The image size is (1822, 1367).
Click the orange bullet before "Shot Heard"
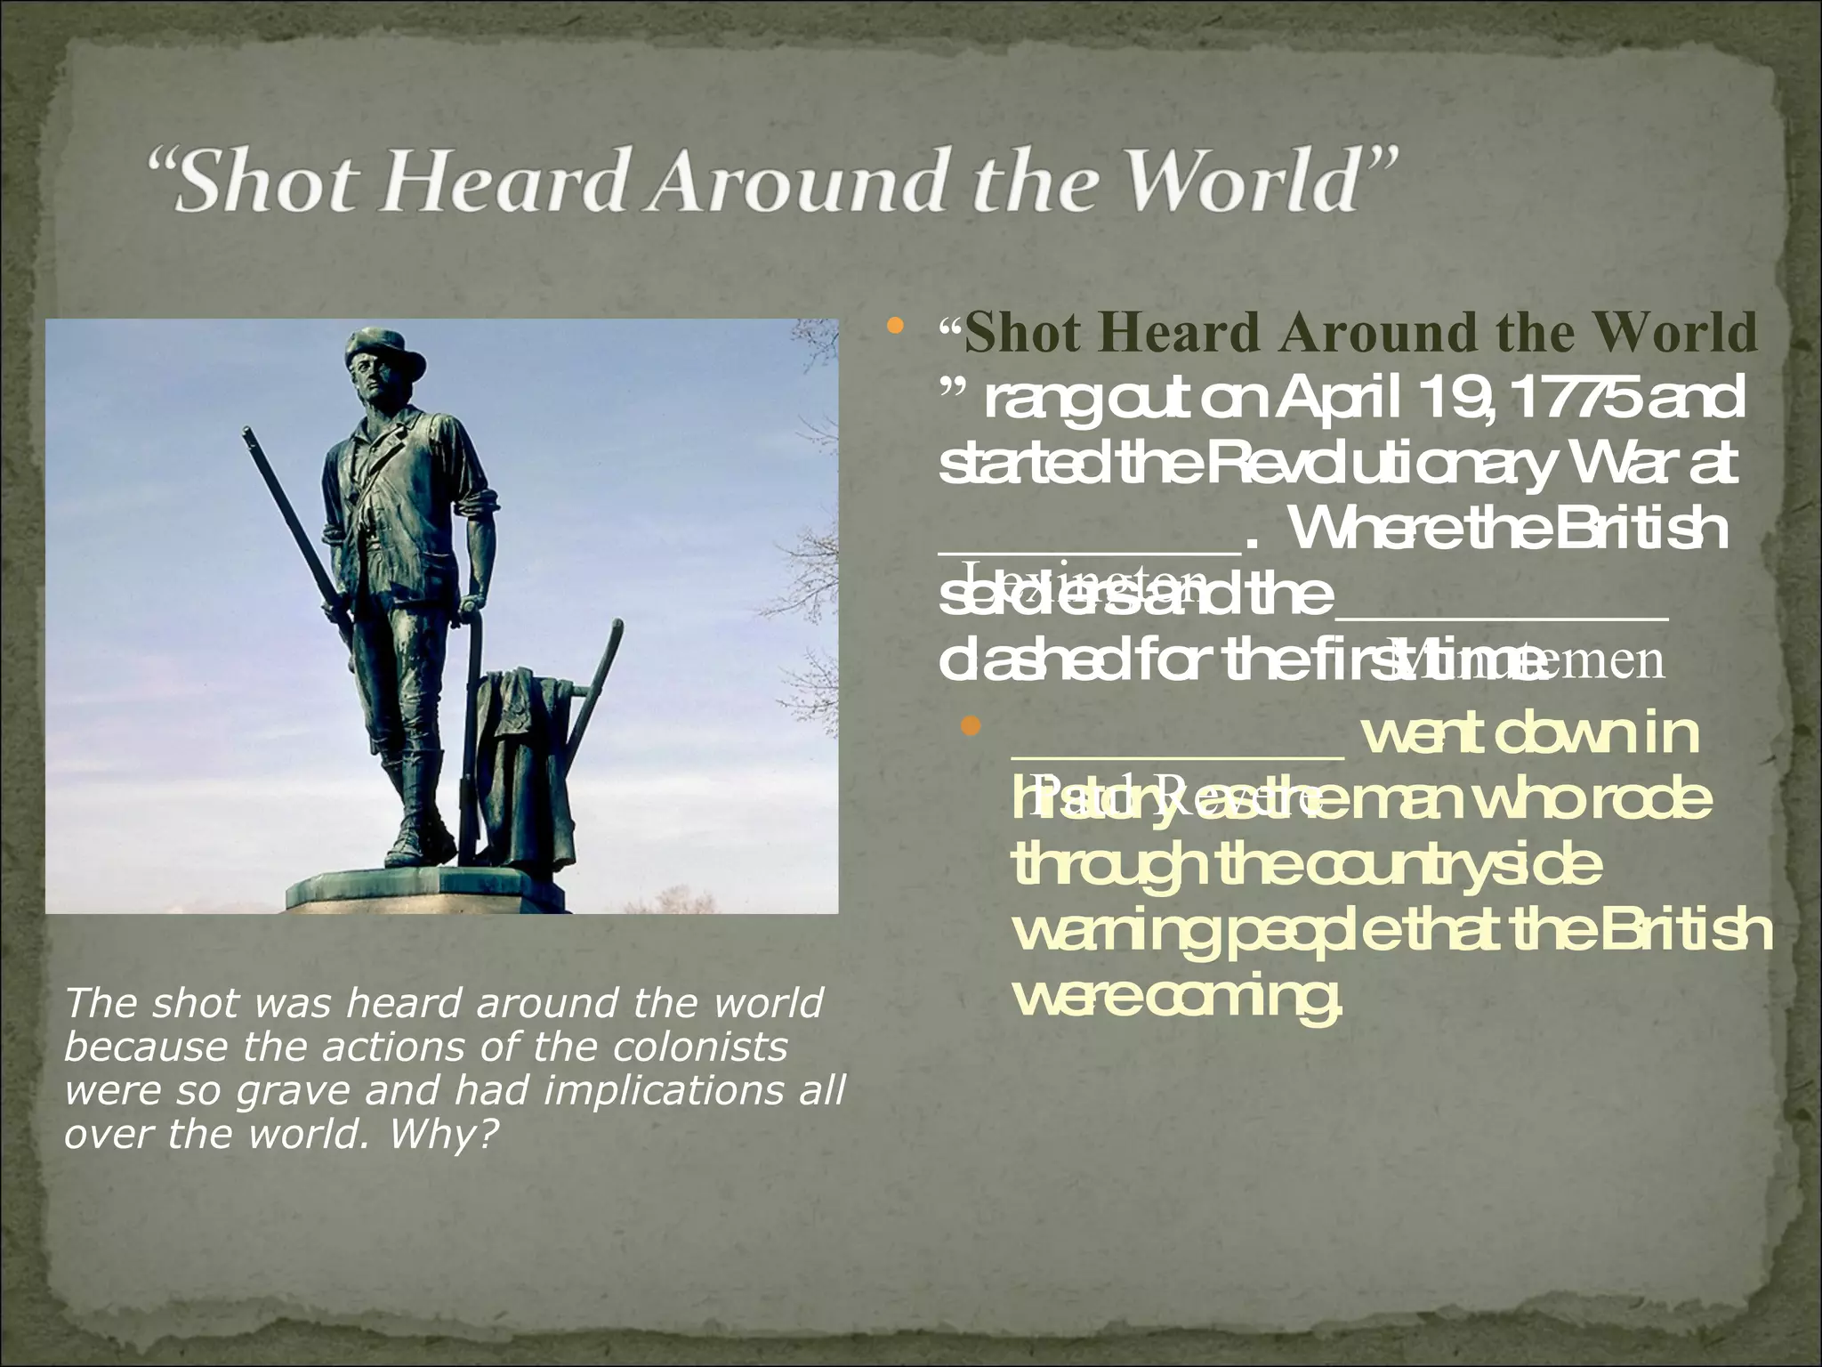click(x=895, y=330)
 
